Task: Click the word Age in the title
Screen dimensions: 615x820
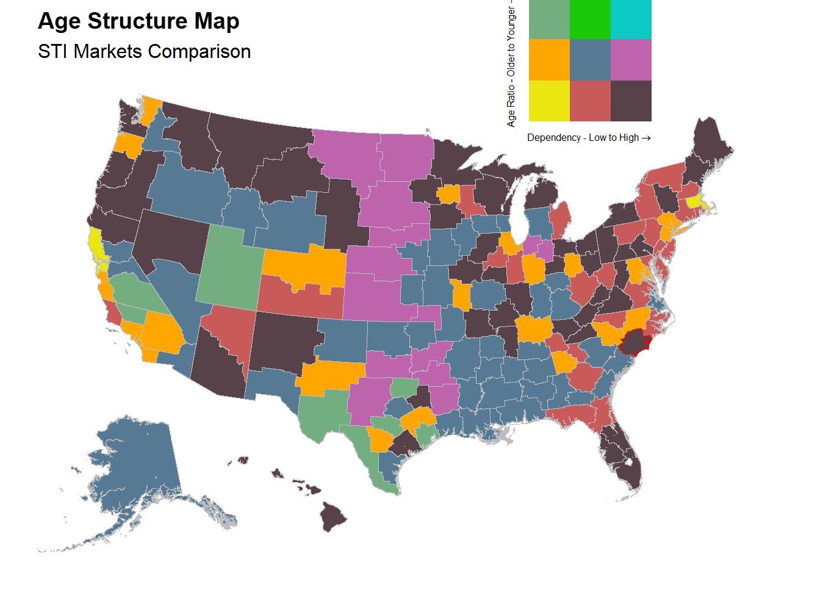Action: (60, 22)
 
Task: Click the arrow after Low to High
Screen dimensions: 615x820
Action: (646, 138)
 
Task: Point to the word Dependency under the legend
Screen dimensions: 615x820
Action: (554, 138)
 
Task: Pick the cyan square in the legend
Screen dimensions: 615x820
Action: (631, 19)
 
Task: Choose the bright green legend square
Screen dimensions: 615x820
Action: (590, 19)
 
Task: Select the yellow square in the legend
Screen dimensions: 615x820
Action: (549, 101)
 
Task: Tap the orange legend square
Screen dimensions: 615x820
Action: (549, 60)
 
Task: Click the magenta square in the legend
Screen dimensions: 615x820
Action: (631, 60)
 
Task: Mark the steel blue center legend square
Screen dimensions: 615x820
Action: (590, 60)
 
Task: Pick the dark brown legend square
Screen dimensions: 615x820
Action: (631, 101)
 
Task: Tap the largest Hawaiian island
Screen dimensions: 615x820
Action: (333, 519)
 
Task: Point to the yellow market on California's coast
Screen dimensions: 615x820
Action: (96, 244)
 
